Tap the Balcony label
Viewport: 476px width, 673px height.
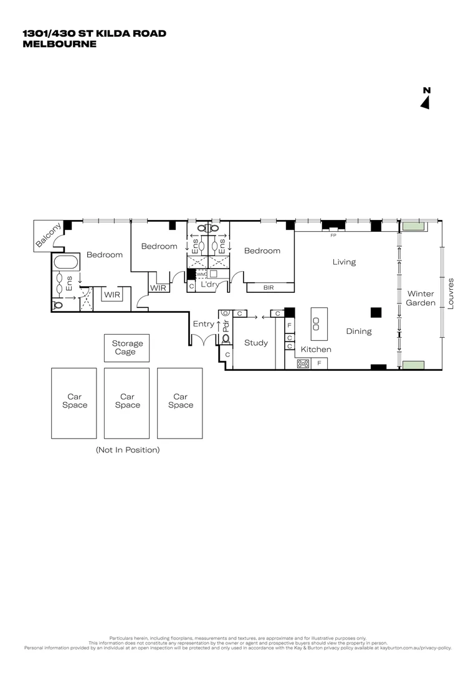pyautogui.click(x=49, y=236)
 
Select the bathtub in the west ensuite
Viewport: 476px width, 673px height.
pyautogui.click(x=64, y=262)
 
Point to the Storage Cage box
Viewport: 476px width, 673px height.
pyautogui.click(x=127, y=348)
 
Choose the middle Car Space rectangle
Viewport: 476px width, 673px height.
pyautogui.click(x=127, y=402)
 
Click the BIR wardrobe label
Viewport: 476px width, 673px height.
pyautogui.click(x=269, y=288)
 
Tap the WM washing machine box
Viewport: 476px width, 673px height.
pyautogui.click(x=201, y=274)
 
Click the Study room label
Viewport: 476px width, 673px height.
pyautogui.click(x=255, y=343)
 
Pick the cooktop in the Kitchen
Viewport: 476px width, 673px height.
pyautogui.click(x=303, y=364)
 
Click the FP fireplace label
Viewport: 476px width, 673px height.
pyautogui.click(x=333, y=236)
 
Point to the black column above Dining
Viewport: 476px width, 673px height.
pyautogui.click(x=376, y=312)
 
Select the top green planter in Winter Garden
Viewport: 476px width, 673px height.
pyautogui.click(x=412, y=226)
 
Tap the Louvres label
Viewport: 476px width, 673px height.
pyautogui.click(x=450, y=293)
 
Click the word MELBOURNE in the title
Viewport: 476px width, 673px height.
pyautogui.click(x=59, y=44)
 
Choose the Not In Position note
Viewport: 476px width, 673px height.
pyautogui.click(x=127, y=449)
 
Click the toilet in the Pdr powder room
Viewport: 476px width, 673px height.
pyautogui.click(x=226, y=339)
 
